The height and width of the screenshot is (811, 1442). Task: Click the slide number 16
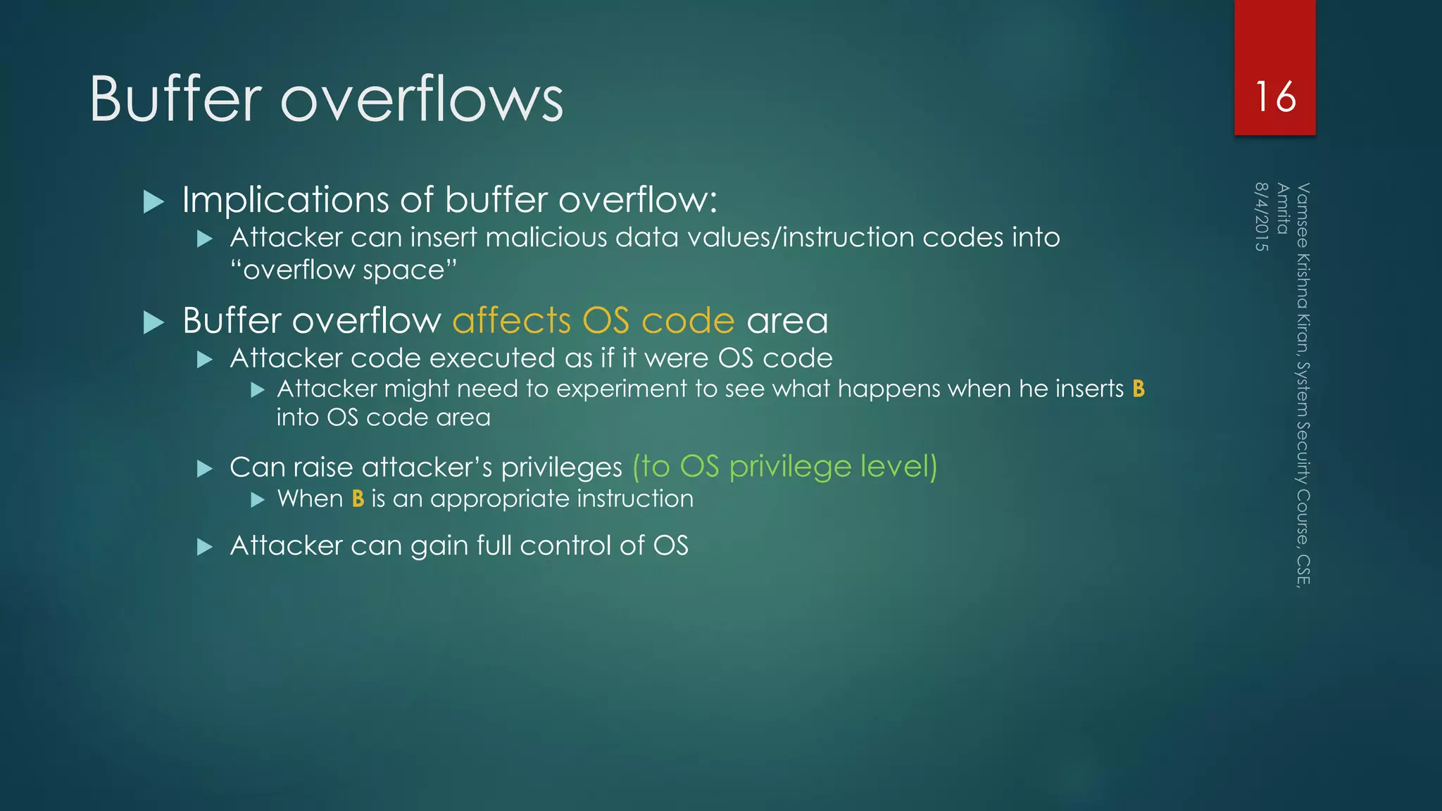click(x=1275, y=97)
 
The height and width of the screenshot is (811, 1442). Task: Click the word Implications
click(x=284, y=200)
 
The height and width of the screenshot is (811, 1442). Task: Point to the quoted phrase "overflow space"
click(x=344, y=270)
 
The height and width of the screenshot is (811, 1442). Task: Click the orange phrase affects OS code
click(x=594, y=321)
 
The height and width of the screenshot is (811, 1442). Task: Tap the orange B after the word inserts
click(x=1139, y=389)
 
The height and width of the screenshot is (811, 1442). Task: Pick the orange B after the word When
click(x=358, y=498)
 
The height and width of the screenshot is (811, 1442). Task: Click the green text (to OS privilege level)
click(x=784, y=467)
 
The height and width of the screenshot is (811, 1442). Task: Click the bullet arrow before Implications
click(x=153, y=202)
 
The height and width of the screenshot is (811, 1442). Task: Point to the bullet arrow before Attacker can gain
click(x=205, y=547)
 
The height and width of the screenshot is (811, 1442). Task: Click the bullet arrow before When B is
click(x=258, y=500)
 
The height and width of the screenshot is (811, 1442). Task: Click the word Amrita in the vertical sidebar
click(x=1282, y=208)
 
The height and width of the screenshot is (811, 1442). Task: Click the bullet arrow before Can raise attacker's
click(x=205, y=469)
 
